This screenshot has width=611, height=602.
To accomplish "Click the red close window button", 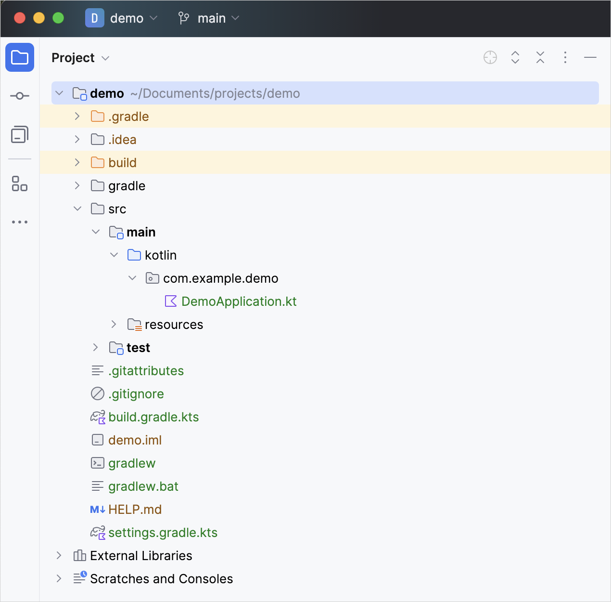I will point(20,18).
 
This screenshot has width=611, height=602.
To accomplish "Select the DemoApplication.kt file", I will point(239,301).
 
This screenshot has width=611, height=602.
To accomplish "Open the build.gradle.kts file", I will point(153,417).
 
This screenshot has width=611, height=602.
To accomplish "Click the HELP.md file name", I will point(135,510).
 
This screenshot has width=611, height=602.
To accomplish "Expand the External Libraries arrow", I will point(59,555).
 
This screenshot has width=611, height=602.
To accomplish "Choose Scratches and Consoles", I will point(161,579).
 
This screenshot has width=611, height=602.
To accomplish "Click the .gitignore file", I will point(136,394).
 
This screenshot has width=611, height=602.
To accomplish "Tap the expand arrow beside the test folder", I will point(95,347).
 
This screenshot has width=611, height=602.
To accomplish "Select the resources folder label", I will point(174,325).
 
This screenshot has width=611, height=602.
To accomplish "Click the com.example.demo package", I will point(220,278).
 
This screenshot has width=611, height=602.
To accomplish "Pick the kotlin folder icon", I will point(134,255).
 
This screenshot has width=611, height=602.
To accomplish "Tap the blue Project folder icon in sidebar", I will point(20,57).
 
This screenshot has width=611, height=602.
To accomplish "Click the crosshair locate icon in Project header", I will point(490,57).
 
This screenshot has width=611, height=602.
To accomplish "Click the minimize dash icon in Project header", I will point(590,57).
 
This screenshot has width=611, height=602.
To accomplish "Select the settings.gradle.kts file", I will point(163,533).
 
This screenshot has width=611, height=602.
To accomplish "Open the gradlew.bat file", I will point(143,486).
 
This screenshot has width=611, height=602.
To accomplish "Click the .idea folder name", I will point(122,140).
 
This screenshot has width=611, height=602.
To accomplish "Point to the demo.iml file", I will point(135,440).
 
